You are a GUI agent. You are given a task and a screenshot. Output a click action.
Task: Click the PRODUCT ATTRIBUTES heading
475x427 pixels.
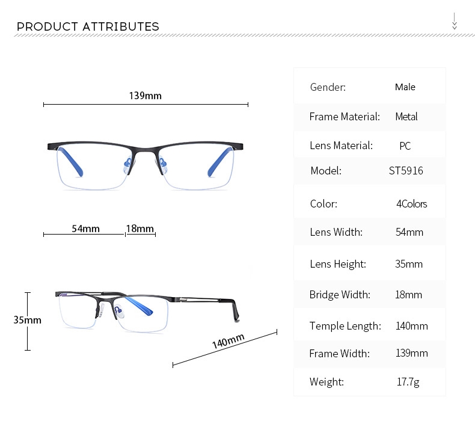point(88,26)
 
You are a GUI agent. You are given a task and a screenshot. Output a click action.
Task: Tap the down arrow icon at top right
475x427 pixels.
point(455,22)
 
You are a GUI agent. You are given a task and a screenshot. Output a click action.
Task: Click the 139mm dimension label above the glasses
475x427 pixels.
point(145,96)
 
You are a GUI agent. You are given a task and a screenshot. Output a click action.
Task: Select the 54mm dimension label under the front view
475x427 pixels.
point(85,229)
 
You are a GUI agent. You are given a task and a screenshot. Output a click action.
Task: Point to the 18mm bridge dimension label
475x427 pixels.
point(140,229)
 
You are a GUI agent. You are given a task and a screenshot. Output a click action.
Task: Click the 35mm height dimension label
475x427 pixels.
point(28,320)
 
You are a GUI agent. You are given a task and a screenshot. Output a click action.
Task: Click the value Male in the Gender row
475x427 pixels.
point(405,87)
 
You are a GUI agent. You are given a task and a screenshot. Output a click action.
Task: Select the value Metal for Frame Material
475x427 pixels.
point(406,117)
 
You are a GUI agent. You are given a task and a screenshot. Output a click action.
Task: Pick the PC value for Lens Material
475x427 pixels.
point(405,146)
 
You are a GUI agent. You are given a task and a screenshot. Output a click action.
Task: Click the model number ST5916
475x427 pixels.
point(406,171)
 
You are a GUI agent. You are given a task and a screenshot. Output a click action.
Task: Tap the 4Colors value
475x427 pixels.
point(411,204)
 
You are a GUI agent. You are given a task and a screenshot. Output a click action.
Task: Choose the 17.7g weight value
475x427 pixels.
point(408,382)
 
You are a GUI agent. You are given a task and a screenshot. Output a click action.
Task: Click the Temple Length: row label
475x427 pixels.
point(345,326)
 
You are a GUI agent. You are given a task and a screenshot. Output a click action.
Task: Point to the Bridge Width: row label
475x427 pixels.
point(340,295)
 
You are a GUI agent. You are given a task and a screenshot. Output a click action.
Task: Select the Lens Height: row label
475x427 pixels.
point(337,264)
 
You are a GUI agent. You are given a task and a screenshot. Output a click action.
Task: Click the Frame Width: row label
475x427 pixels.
point(339,354)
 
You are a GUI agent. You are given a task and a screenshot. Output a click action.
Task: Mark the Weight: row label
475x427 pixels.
point(326,382)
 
